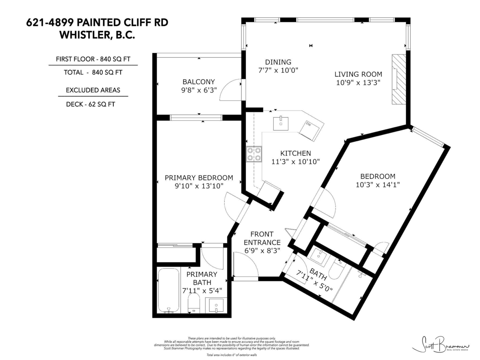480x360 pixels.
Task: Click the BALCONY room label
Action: (x=199, y=82)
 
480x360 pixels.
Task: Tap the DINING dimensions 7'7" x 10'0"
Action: (x=278, y=70)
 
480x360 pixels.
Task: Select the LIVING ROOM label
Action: (x=358, y=74)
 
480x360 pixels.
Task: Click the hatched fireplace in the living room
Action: (x=398, y=79)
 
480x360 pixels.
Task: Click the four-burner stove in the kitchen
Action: (x=254, y=154)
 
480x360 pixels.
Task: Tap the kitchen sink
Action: (x=281, y=124)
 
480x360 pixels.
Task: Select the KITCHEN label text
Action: (x=296, y=153)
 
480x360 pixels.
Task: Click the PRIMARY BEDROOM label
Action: (x=199, y=178)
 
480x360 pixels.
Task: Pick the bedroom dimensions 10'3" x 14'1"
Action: (x=378, y=184)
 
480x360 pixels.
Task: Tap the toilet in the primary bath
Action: (x=194, y=304)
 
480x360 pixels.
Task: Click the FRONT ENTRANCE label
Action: (x=262, y=238)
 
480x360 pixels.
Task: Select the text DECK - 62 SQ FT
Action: (x=92, y=104)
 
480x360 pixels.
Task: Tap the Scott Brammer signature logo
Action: (x=440, y=344)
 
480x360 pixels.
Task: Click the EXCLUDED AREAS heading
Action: (x=93, y=90)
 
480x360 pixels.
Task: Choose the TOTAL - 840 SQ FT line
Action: (x=93, y=72)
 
